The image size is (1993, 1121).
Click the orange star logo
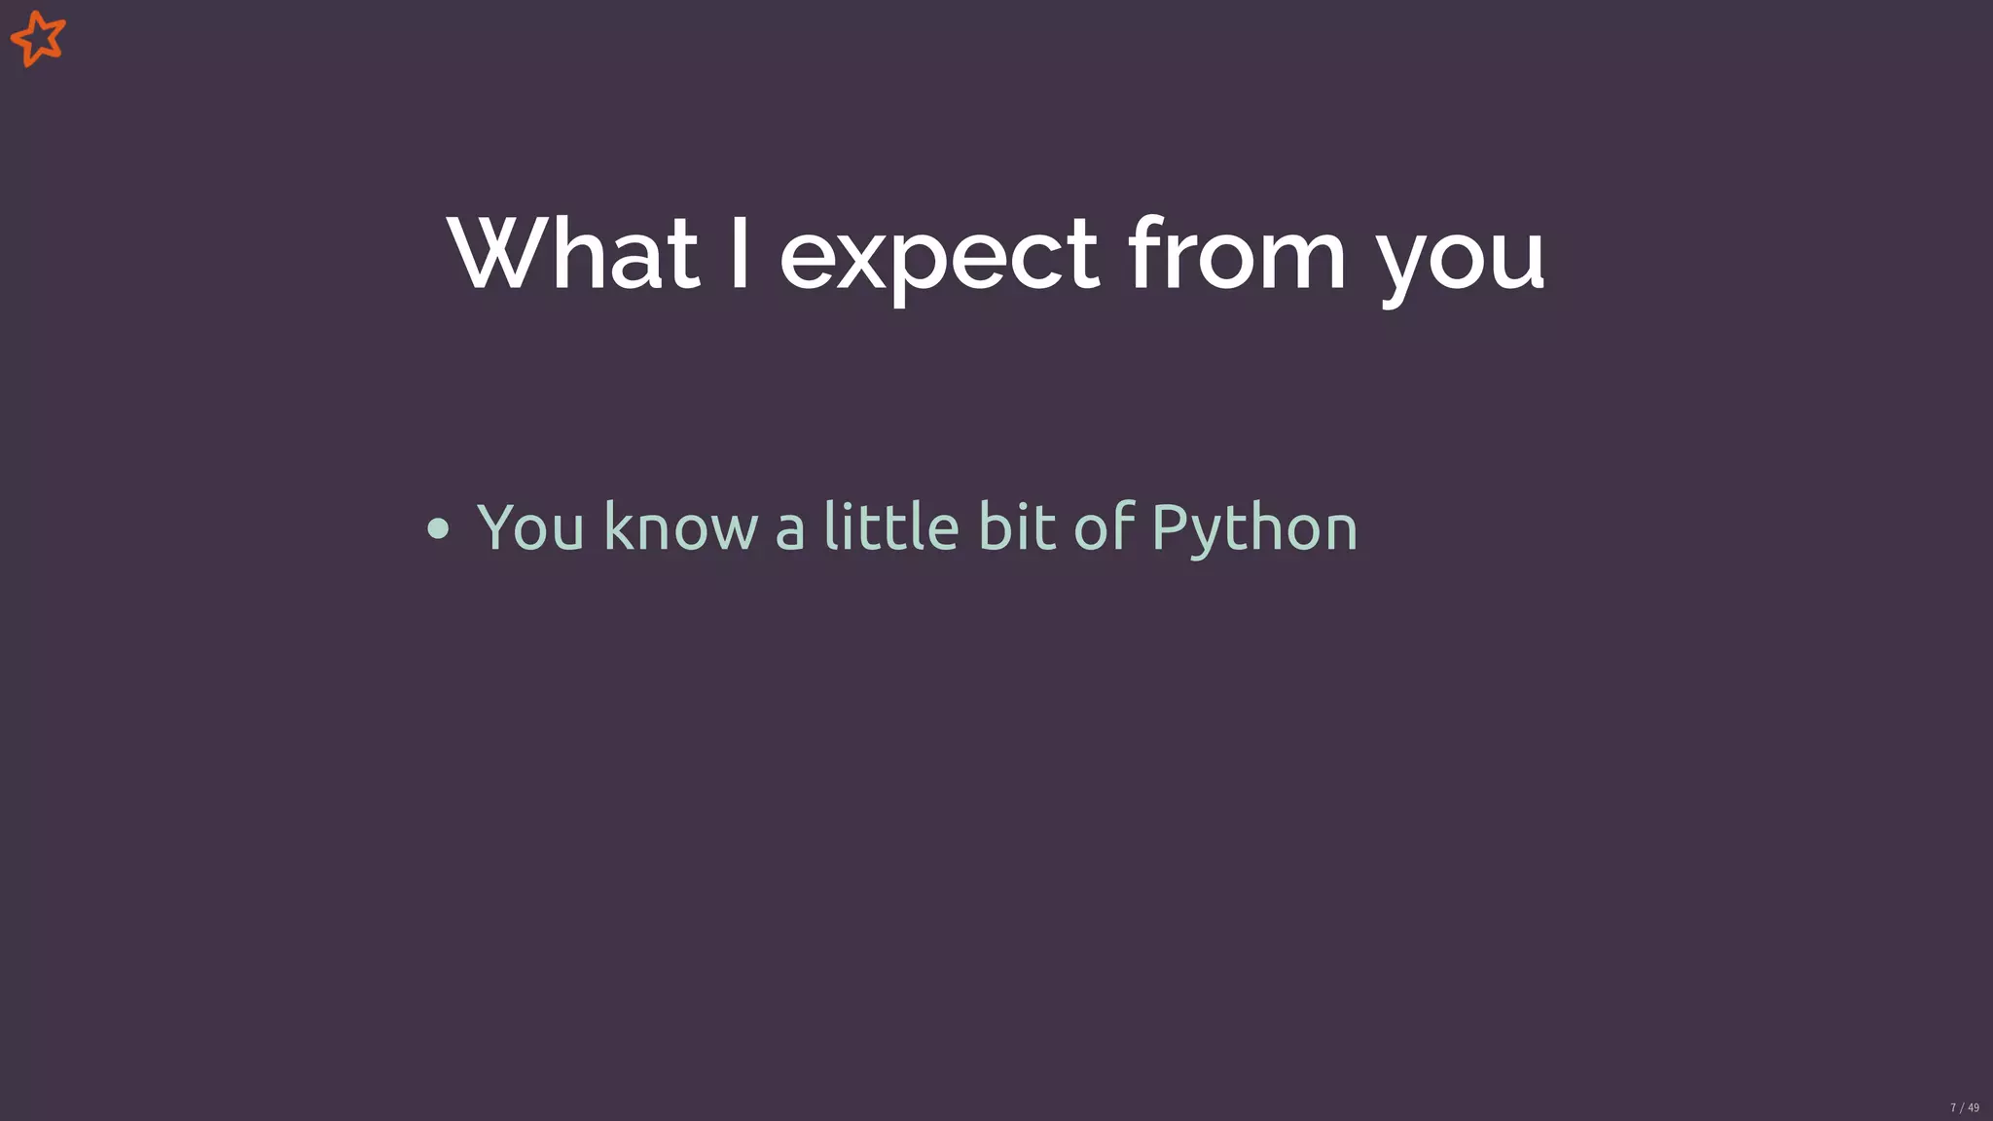pos(38,39)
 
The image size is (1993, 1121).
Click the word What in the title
pos(572,255)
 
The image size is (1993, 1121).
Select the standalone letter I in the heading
pos(740,255)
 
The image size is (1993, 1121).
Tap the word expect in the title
pos(939,258)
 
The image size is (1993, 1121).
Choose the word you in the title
pos(1461,261)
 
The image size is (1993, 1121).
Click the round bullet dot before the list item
pos(438,528)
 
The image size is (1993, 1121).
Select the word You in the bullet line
pos(530,527)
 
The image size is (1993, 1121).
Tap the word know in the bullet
pos(680,527)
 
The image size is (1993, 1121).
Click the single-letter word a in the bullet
pos(790,532)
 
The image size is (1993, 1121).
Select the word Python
pos(1254,528)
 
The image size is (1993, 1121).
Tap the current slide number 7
pos(1953,1107)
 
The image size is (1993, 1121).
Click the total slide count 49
pos(1974,1107)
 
